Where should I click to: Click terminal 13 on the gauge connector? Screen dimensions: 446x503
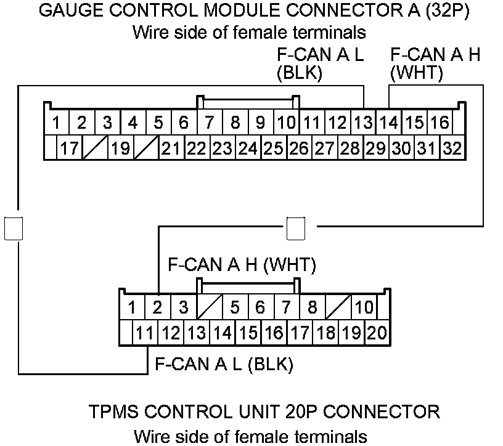364,122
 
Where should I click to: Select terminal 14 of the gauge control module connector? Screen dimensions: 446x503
389,122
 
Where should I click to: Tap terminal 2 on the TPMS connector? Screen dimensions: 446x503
158,306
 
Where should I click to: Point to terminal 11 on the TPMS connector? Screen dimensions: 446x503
145,333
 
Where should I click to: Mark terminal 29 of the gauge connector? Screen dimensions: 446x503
375,148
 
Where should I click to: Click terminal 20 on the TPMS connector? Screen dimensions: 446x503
376,333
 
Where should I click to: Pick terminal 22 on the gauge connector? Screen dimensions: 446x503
197,148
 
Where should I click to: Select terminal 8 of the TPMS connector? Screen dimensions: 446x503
313,306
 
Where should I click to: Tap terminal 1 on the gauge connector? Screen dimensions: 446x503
56,122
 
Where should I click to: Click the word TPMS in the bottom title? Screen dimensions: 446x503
112,411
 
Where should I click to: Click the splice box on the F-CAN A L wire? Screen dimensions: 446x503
14,227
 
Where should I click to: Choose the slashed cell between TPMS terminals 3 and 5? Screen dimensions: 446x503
209,306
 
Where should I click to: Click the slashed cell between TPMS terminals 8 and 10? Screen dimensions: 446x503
338,306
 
